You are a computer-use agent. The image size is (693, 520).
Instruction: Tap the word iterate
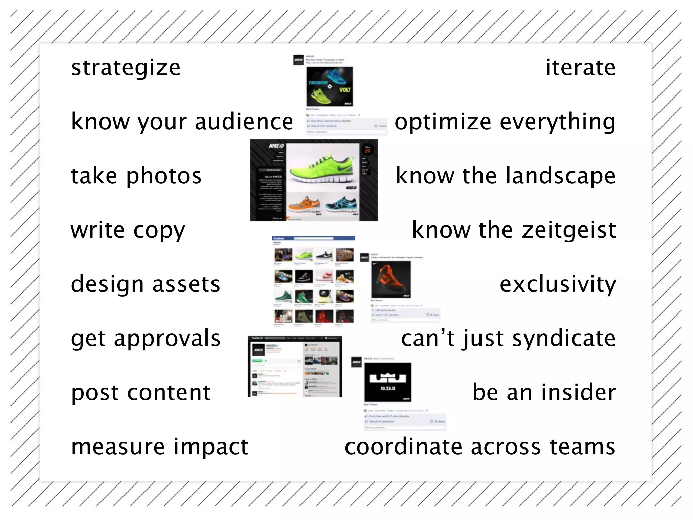pyautogui.click(x=580, y=68)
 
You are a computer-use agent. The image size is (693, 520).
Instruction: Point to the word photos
pyautogui.click(x=164, y=176)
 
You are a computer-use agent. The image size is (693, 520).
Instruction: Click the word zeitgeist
pyautogui.click(x=568, y=231)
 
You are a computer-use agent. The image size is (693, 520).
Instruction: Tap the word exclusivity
pyautogui.click(x=558, y=284)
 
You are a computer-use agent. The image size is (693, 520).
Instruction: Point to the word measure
pyautogui.click(x=118, y=447)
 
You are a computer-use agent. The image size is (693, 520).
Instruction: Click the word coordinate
pyautogui.click(x=403, y=447)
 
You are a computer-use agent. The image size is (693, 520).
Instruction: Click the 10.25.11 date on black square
pyautogui.click(x=387, y=388)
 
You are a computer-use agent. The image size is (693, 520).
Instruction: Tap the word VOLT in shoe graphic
pyautogui.click(x=345, y=90)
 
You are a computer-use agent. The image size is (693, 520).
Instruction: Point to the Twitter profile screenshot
pyautogui.click(x=295, y=366)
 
